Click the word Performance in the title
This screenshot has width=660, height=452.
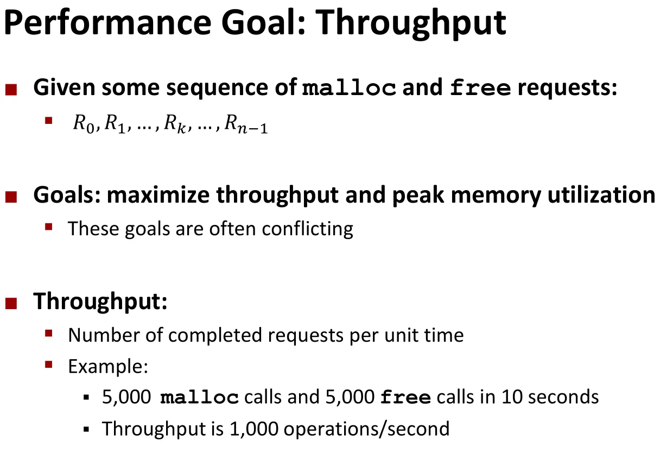[x=107, y=23]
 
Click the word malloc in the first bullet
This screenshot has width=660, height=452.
[x=349, y=87]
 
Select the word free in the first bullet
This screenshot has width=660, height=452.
[x=480, y=87]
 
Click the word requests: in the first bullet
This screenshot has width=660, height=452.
[x=567, y=88]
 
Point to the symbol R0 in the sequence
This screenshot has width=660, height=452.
[x=84, y=124]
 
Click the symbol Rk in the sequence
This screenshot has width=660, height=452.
[x=175, y=124]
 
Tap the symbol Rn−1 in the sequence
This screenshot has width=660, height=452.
[x=246, y=124]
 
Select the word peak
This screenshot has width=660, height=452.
[x=418, y=195]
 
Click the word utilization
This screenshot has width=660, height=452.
[x=601, y=195]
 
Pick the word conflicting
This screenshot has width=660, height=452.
[x=307, y=229]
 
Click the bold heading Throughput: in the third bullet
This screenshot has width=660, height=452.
[x=100, y=302]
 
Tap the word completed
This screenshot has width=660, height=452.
[x=215, y=336]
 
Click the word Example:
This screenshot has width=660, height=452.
[x=108, y=367]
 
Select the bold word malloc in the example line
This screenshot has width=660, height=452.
[x=199, y=398]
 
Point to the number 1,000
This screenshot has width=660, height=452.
[x=254, y=429]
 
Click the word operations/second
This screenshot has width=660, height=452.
[x=366, y=429]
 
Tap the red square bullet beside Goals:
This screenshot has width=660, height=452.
[x=11, y=197]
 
